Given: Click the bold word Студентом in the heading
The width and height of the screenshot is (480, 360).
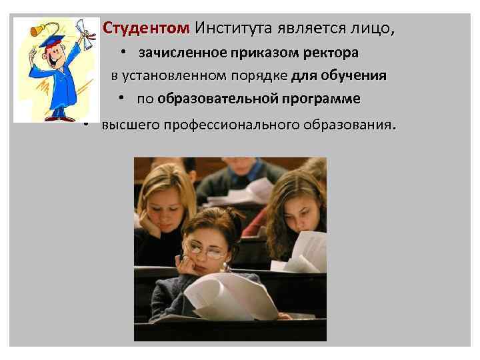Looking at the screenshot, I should click(x=145, y=29).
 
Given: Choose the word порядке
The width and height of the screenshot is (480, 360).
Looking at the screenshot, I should click(x=253, y=75).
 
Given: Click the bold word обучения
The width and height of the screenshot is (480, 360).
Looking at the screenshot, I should click(x=354, y=75).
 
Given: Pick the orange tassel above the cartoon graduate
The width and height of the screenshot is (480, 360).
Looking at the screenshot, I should click(x=33, y=29).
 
